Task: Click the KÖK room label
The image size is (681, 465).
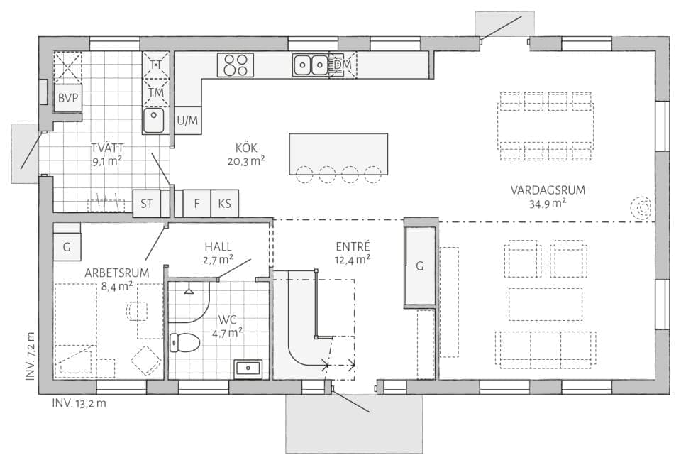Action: (x=246, y=148)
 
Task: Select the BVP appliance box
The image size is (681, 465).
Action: (x=68, y=98)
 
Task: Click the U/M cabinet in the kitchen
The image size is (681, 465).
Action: (x=187, y=120)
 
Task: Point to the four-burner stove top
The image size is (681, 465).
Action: (x=236, y=65)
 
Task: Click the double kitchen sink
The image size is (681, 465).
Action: (x=310, y=65)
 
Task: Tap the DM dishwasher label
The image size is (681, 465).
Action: (x=343, y=65)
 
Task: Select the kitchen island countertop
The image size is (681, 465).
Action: (x=338, y=154)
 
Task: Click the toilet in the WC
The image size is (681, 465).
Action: (x=184, y=342)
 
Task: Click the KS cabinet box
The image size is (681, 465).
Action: (x=225, y=203)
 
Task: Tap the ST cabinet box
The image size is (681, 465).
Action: (x=147, y=203)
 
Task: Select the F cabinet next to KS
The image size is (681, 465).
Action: (x=196, y=203)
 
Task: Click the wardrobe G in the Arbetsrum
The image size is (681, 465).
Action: (x=67, y=247)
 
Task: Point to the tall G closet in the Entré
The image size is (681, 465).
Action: (x=419, y=266)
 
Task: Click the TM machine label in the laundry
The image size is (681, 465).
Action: (x=155, y=92)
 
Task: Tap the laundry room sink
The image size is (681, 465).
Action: (x=154, y=121)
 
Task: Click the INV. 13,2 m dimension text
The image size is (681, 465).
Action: (x=79, y=403)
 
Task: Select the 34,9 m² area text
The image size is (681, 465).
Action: (x=548, y=203)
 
